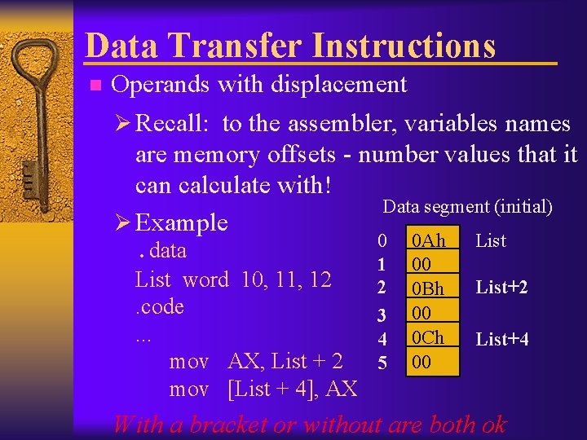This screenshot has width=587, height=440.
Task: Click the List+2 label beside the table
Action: pyautogui.click(x=501, y=287)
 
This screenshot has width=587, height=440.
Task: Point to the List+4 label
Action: pyautogui.click(x=501, y=339)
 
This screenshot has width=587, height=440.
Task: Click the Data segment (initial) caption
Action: pyautogui.click(x=467, y=207)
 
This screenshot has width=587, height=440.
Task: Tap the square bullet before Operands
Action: pyautogui.click(x=95, y=85)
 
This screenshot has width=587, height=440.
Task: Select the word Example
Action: pyautogui.click(x=182, y=222)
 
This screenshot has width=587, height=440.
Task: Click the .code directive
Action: pyautogui.click(x=159, y=306)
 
